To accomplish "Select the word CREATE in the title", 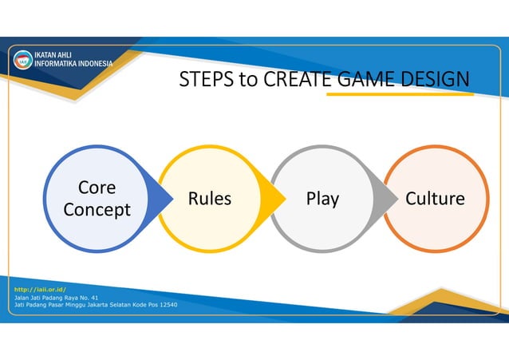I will click(295, 80).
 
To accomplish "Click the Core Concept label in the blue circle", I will click(97, 199).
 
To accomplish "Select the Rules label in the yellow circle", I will click(210, 199).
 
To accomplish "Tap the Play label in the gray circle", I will click(322, 199).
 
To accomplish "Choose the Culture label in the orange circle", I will click(435, 199).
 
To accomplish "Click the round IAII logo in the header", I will click(23, 60).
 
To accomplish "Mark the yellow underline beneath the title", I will click(400, 94).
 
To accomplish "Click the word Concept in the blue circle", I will click(97, 210).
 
